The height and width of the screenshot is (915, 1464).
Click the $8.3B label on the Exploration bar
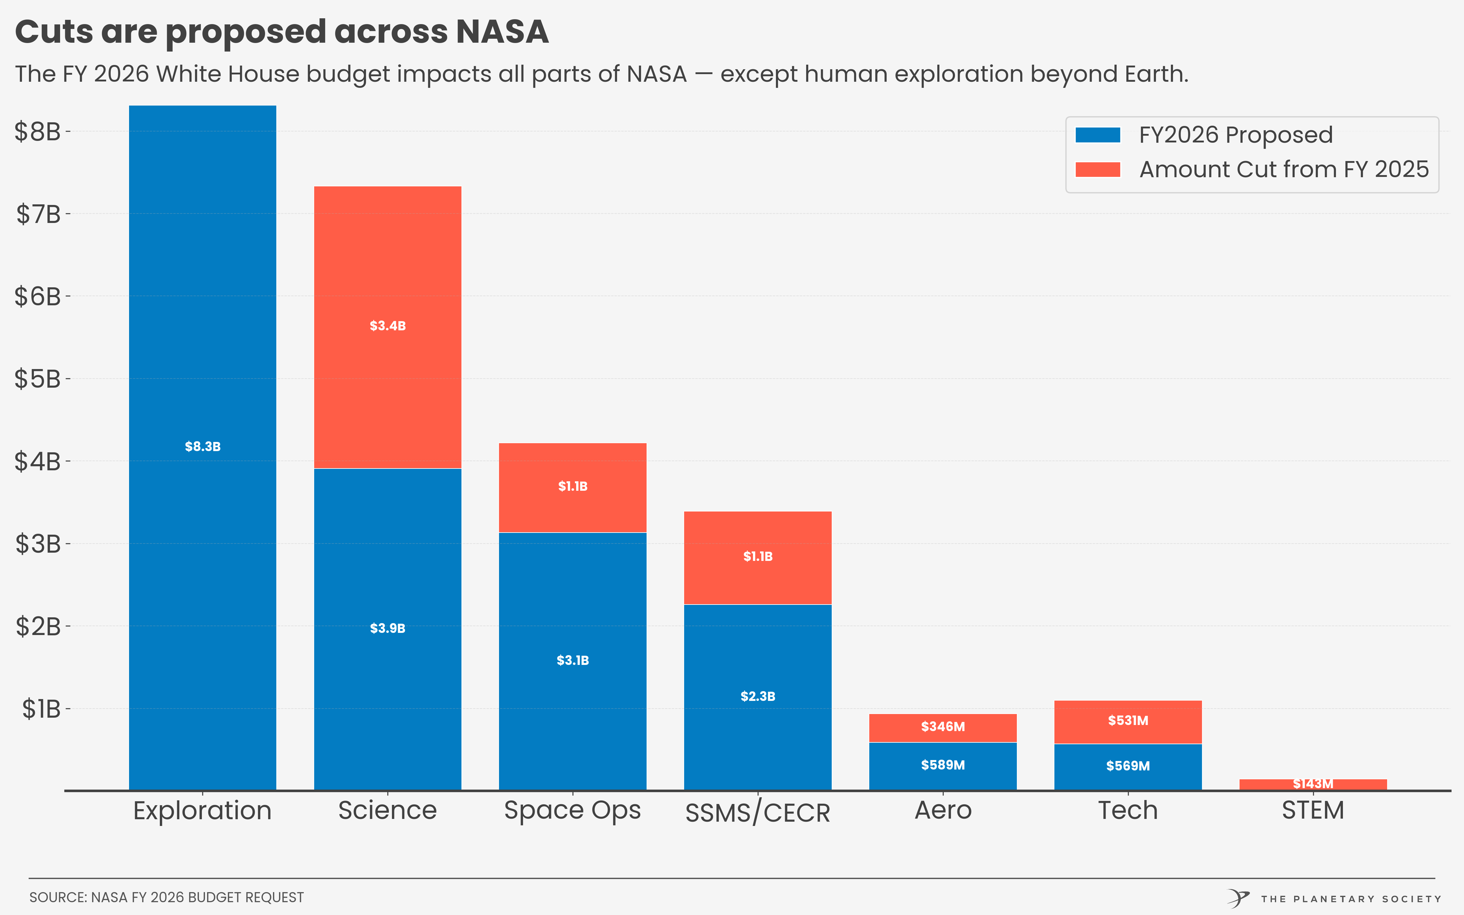(203, 447)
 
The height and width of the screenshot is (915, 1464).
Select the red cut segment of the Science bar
(387, 272)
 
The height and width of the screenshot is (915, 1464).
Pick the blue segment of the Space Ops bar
(572, 714)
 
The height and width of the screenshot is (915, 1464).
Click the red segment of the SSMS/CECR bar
(757, 533)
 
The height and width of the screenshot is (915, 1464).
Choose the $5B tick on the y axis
(38, 379)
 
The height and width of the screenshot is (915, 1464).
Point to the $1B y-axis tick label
(41, 709)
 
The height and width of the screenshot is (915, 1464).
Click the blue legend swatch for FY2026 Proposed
(1097, 135)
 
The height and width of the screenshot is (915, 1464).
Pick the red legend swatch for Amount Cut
(1097, 170)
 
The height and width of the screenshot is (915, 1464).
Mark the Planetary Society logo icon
(1238, 898)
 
